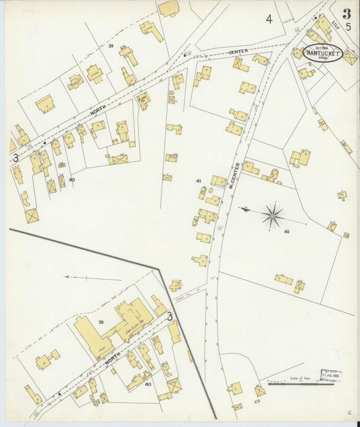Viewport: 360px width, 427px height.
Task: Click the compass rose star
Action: coord(272,216)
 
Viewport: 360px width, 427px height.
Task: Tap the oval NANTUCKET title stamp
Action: coord(322,52)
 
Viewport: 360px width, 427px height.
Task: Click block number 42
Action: coord(286,232)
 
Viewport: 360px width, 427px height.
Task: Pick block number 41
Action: coord(198,181)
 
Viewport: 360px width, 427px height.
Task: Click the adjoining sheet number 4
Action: coord(269,19)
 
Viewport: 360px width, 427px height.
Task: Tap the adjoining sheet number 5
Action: coord(348,27)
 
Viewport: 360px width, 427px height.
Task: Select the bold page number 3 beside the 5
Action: coord(346,12)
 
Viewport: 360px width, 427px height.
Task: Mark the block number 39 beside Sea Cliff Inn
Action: coord(101,322)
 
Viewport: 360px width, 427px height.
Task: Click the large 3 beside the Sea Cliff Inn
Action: coord(170,316)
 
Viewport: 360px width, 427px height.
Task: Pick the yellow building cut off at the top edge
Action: coord(168,8)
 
